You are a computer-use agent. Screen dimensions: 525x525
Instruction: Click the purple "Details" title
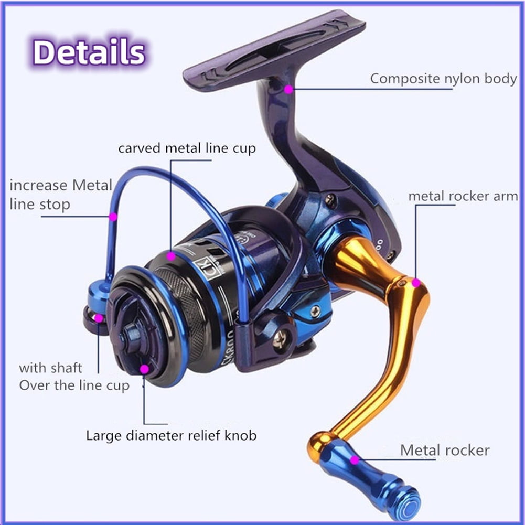(89, 52)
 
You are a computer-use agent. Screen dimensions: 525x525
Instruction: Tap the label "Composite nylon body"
(443, 79)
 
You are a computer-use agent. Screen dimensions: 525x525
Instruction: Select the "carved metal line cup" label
(187, 148)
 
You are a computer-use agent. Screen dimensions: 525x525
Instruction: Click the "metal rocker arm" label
(463, 196)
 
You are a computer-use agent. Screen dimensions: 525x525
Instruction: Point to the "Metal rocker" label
(444, 450)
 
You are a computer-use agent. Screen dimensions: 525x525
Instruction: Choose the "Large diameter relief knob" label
(171, 435)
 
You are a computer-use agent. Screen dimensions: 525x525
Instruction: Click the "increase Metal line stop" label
(60, 194)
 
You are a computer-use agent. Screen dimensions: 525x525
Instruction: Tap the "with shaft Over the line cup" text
(73, 377)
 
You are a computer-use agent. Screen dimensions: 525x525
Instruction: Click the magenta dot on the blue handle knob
(355, 460)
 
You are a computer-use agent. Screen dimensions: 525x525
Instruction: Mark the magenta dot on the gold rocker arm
(416, 283)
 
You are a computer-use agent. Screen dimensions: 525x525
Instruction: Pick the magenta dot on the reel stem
(288, 89)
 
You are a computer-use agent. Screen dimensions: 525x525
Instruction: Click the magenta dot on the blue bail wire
(112, 216)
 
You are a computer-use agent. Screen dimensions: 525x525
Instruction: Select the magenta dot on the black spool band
(171, 256)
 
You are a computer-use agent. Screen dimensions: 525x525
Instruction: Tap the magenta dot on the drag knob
(144, 369)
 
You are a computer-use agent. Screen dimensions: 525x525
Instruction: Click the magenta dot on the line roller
(99, 318)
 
